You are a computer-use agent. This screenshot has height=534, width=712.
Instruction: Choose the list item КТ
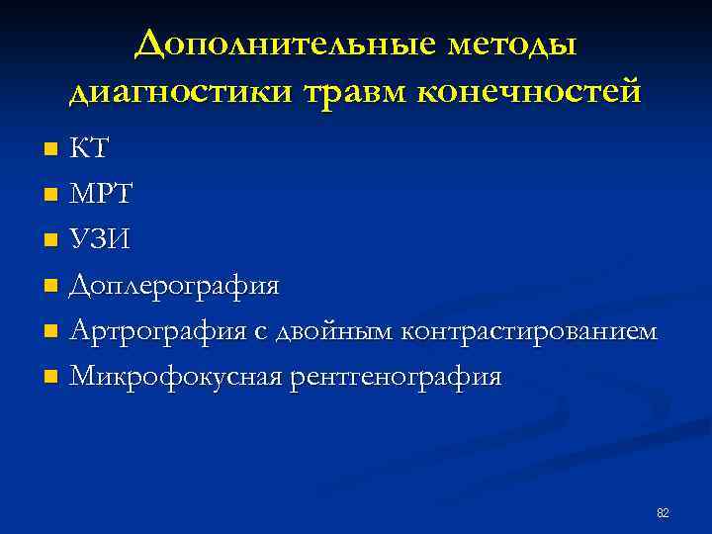coord(89,150)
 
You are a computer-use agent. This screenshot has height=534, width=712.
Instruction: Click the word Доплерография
coord(175,287)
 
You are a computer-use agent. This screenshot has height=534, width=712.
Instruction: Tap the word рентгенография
coord(396,377)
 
